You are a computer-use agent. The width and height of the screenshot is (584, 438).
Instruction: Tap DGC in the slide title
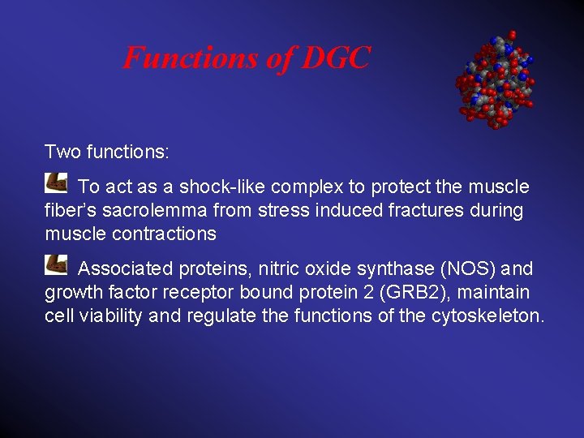[x=335, y=58]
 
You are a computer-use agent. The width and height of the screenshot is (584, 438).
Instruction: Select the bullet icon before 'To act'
[x=56, y=182]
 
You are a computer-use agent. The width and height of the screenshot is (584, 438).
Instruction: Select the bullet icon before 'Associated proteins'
[x=56, y=264]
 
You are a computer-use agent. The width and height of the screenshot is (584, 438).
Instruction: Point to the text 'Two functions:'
[x=106, y=152]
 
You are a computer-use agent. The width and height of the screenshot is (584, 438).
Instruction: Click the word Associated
[x=126, y=268]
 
